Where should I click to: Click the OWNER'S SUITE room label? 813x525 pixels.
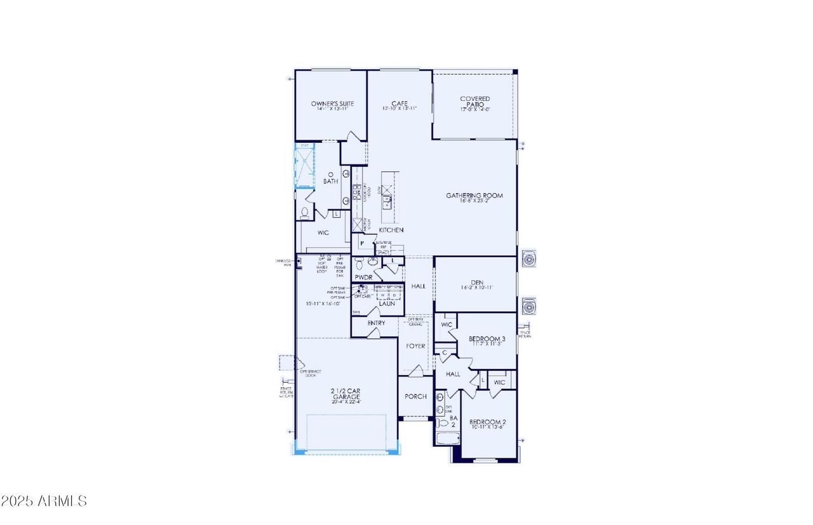tap(332, 103)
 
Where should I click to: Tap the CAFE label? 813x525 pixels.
tap(399, 103)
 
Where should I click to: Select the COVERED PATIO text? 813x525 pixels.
tap(475, 102)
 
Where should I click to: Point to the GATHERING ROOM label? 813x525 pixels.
tap(474, 196)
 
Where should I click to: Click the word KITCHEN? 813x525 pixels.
tap(391, 230)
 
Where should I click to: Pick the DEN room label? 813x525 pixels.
tap(477, 282)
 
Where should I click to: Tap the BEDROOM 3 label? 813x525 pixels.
tap(487, 339)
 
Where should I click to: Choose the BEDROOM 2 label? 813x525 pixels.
tap(487, 422)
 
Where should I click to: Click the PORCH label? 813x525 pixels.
tap(416, 397)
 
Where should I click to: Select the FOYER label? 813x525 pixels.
tap(415, 346)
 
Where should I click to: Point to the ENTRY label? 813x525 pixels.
tap(376, 323)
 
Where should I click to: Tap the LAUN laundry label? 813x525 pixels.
tap(387, 303)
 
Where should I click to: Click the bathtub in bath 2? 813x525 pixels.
tap(448, 439)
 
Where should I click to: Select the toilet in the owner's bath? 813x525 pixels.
tap(304, 213)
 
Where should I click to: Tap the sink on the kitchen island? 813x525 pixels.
tap(386, 203)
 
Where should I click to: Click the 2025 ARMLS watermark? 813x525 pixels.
tap(44, 501)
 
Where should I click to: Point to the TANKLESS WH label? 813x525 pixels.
tap(283, 262)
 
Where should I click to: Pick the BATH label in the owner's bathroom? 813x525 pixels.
tap(330, 182)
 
